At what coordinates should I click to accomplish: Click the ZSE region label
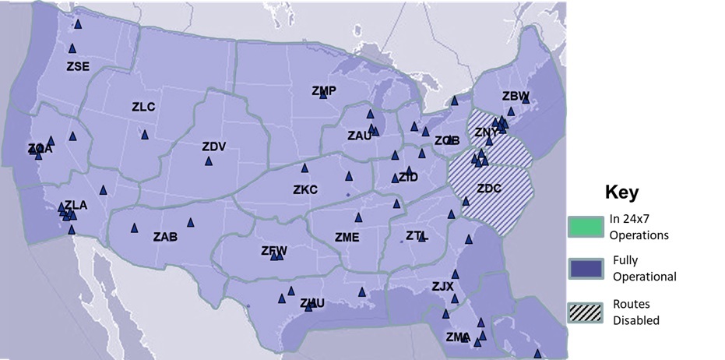(x=78, y=66)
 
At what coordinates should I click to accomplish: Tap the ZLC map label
(x=143, y=107)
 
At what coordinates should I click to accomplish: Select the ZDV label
(x=213, y=146)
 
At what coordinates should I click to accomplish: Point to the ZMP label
(x=323, y=91)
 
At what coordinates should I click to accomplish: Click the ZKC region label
(x=305, y=189)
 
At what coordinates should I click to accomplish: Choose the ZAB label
(x=165, y=236)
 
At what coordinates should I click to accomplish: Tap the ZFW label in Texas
(x=274, y=250)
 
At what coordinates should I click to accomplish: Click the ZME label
(x=347, y=237)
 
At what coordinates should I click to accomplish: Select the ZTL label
(x=417, y=235)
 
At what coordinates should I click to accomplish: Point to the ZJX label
(x=442, y=287)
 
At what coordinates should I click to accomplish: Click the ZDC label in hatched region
(x=489, y=189)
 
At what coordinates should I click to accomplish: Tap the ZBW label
(x=515, y=96)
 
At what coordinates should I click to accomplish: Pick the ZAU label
(x=359, y=136)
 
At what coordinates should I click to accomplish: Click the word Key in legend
(x=621, y=193)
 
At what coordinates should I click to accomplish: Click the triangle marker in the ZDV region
(x=209, y=161)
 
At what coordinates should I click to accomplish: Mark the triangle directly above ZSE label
(x=72, y=48)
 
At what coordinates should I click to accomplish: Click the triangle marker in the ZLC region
(x=145, y=135)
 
